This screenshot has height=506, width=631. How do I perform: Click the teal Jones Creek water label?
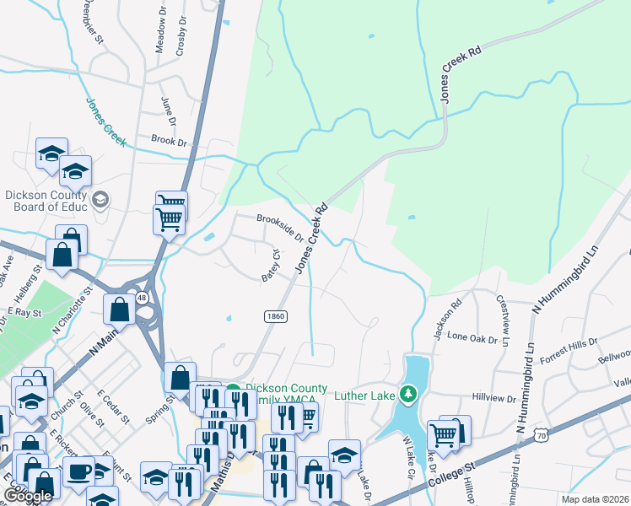click(105, 121)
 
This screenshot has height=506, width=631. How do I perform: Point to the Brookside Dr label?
click(281, 228)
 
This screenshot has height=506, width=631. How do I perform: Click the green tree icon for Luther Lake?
click(409, 394)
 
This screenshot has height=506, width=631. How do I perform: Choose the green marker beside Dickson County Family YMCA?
click(229, 390)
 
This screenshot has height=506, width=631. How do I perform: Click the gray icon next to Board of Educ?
click(100, 199)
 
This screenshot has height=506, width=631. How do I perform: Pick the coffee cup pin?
click(79, 471)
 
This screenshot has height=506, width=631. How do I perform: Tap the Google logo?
click(27, 496)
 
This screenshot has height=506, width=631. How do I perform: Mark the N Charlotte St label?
click(70, 311)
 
